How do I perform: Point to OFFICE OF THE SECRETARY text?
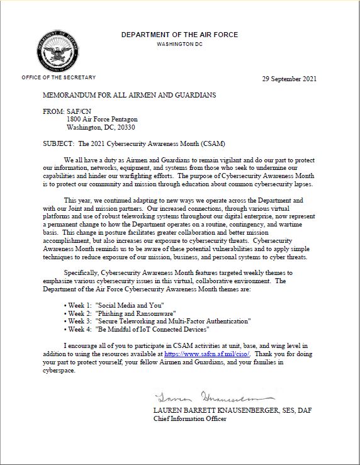click(x=59, y=77)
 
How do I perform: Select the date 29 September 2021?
click(x=289, y=79)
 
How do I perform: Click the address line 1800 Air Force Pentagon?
click(x=102, y=119)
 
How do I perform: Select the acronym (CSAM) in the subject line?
click(x=211, y=143)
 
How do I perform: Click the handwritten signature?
click(x=215, y=397)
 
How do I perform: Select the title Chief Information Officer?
click(x=189, y=419)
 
